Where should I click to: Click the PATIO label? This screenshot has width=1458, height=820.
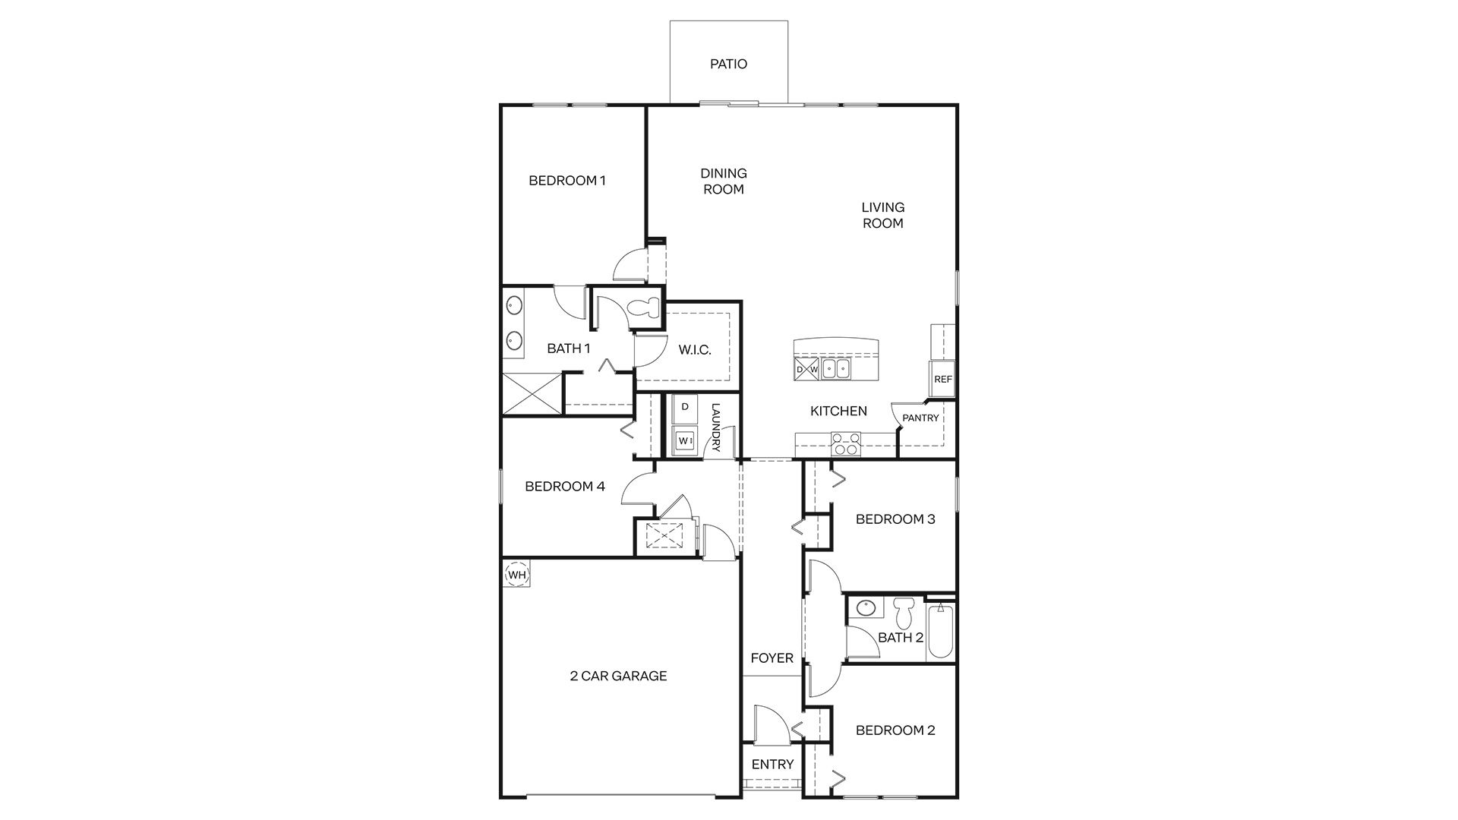coord(728,64)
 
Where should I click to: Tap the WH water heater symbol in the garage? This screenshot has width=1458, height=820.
coord(516,574)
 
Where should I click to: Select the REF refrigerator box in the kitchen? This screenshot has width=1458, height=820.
coord(942,379)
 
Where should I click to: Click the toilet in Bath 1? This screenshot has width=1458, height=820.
coord(645,307)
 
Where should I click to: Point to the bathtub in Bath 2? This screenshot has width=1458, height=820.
coord(940,630)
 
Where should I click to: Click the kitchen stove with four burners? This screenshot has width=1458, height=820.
coord(846,443)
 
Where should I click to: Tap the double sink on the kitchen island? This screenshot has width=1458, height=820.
coord(837,369)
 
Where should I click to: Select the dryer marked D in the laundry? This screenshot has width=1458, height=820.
coord(685,407)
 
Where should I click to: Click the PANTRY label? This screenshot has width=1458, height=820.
coord(920,418)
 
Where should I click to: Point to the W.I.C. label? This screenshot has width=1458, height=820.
coord(694,350)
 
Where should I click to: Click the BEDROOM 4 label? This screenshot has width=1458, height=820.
coord(565,486)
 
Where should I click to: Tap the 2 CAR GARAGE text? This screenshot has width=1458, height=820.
coord(618,676)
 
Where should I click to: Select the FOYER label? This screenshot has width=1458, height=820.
coord(772,658)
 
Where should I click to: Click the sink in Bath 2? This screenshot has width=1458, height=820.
coord(866,607)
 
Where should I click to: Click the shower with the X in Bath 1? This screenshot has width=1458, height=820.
coord(532,393)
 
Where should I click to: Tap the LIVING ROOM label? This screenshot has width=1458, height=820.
coord(882,215)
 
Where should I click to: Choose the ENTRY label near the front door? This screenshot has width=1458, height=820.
coord(772,765)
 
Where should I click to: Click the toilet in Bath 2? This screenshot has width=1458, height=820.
coord(902,611)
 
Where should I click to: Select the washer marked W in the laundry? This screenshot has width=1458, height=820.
coord(685,440)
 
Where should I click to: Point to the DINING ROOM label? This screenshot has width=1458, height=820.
coord(723,181)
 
